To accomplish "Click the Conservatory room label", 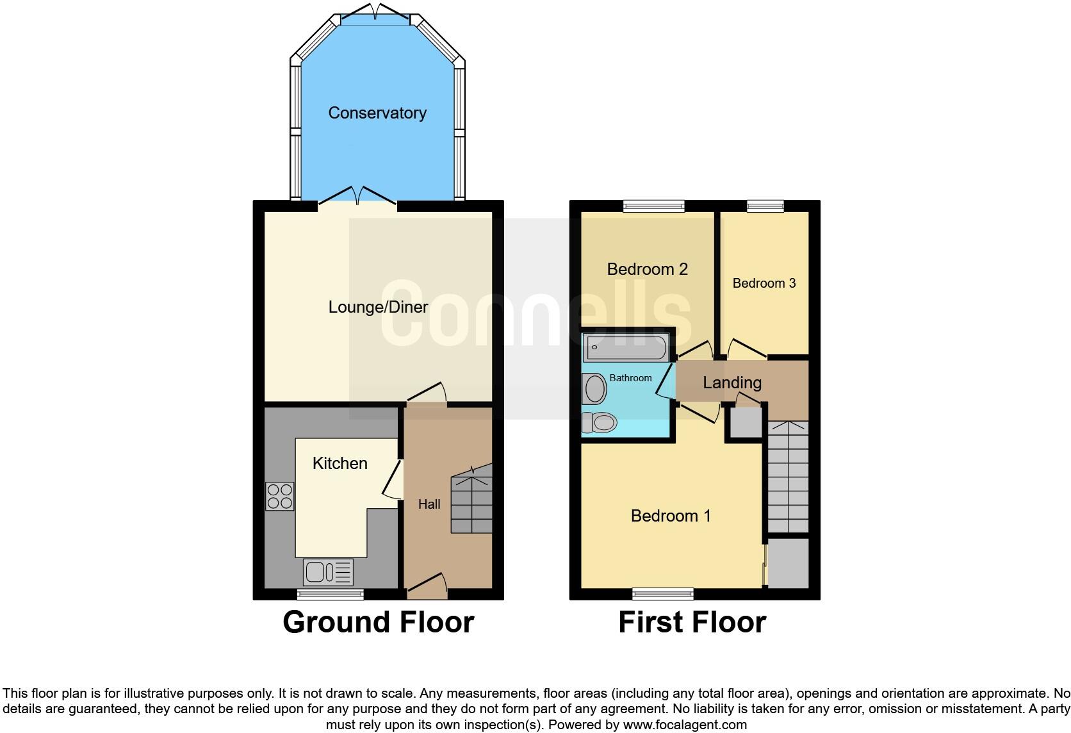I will pyautogui.click(x=377, y=113).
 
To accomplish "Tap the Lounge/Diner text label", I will pyautogui.click(x=378, y=308).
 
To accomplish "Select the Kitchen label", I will pyautogui.click(x=339, y=463).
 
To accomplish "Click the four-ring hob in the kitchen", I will pyautogui.click(x=280, y=496).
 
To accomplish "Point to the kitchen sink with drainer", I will pyautogui.click(x=328, y=572).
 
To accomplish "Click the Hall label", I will pyautogui.click(x=429, y=505).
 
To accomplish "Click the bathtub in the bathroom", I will pyautogui.click(x=625, y=349).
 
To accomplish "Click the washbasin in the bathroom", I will pyautogui.click(x=595, y=389).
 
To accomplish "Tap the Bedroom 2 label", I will pyautogui.click(x=647, y=269).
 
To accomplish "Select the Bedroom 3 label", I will pyautogui.click(x=764, y=283).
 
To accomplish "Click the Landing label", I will pyautogui.click(x=732, y=383).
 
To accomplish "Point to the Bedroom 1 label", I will pyautogui.click(x=671, y=516).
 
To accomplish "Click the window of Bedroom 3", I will pyautogui.click(x=765, y=206).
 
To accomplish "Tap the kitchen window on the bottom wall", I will pyautogui.click(x=331, y=595).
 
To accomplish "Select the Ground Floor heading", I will pyautogui.click(x=378, y=622).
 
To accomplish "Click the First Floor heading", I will pyautogui.click(x=692, y=622).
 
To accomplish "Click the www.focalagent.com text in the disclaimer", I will pyautogui.click(x=685, y=725).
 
